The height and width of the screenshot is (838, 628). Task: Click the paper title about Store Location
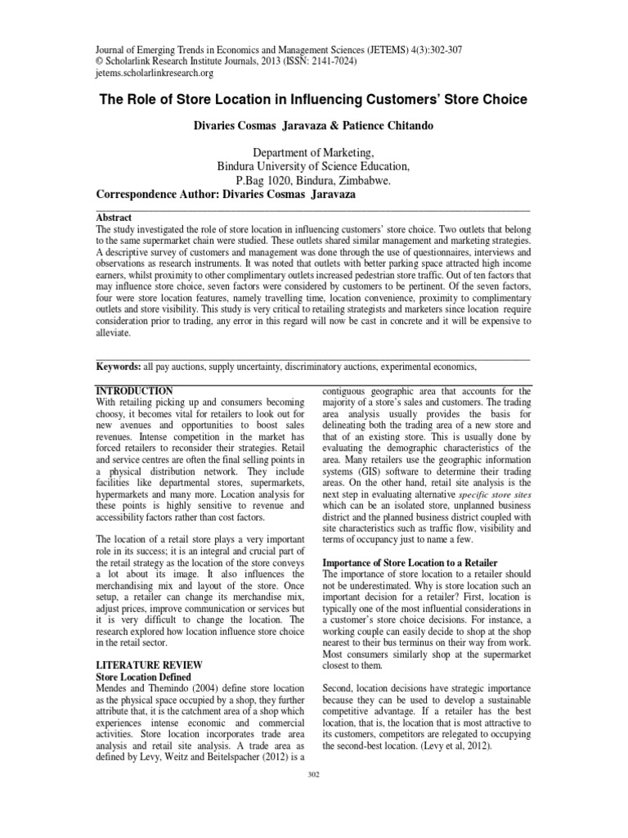tap(313, 100)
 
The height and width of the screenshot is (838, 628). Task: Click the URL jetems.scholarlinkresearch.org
tap(155, 73)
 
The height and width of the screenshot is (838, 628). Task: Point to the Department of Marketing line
tap(313, 152)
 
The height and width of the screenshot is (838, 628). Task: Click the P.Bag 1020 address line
tap(313, 181)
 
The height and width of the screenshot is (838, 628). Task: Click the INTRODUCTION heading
tap(134, 391)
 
